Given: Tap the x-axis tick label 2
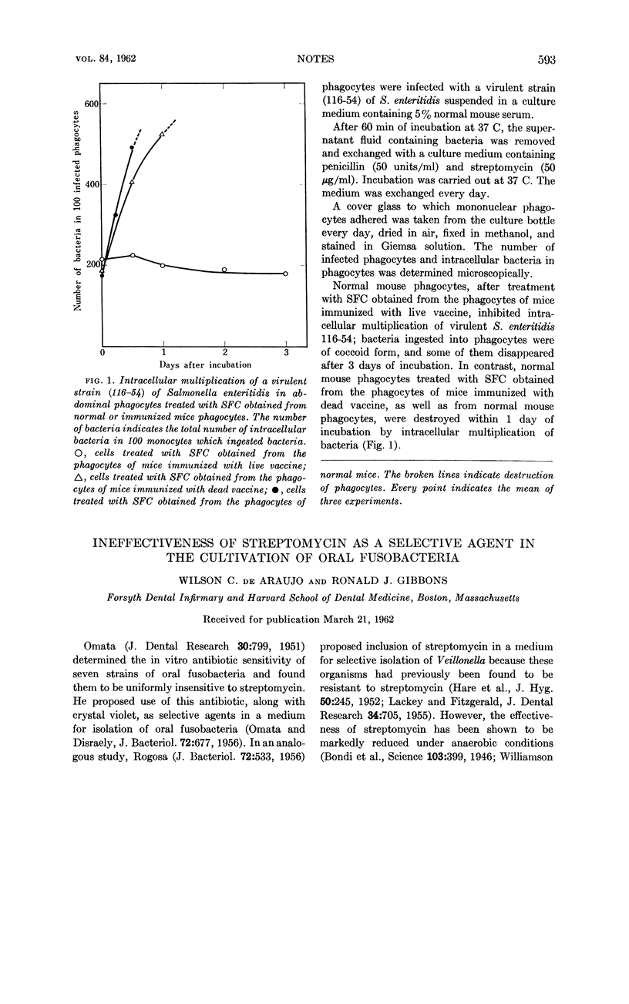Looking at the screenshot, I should tap(224, 351).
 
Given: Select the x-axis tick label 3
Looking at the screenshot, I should tap(286, 351).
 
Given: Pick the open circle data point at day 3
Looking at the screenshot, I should tap(286, 274).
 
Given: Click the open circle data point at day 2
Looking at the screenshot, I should tap(224, 270).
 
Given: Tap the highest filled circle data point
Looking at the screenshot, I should tap(132, 148).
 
